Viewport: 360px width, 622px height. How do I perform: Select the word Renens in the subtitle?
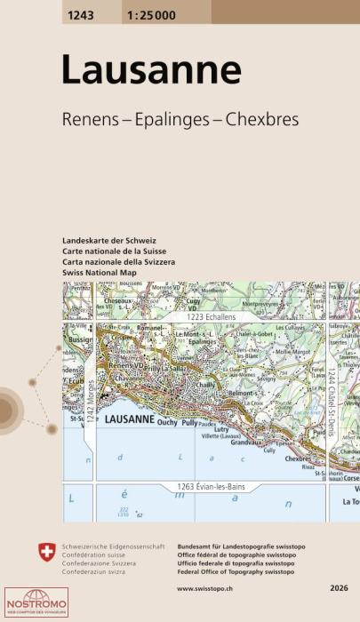pos(87,119)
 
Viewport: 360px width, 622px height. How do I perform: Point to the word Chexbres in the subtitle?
pos(267,119)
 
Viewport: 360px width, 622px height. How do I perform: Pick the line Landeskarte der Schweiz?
pos(109,242)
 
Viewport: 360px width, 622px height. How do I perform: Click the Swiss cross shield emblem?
pos(48,553)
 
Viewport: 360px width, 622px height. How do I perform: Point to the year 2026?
pos(340,588)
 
